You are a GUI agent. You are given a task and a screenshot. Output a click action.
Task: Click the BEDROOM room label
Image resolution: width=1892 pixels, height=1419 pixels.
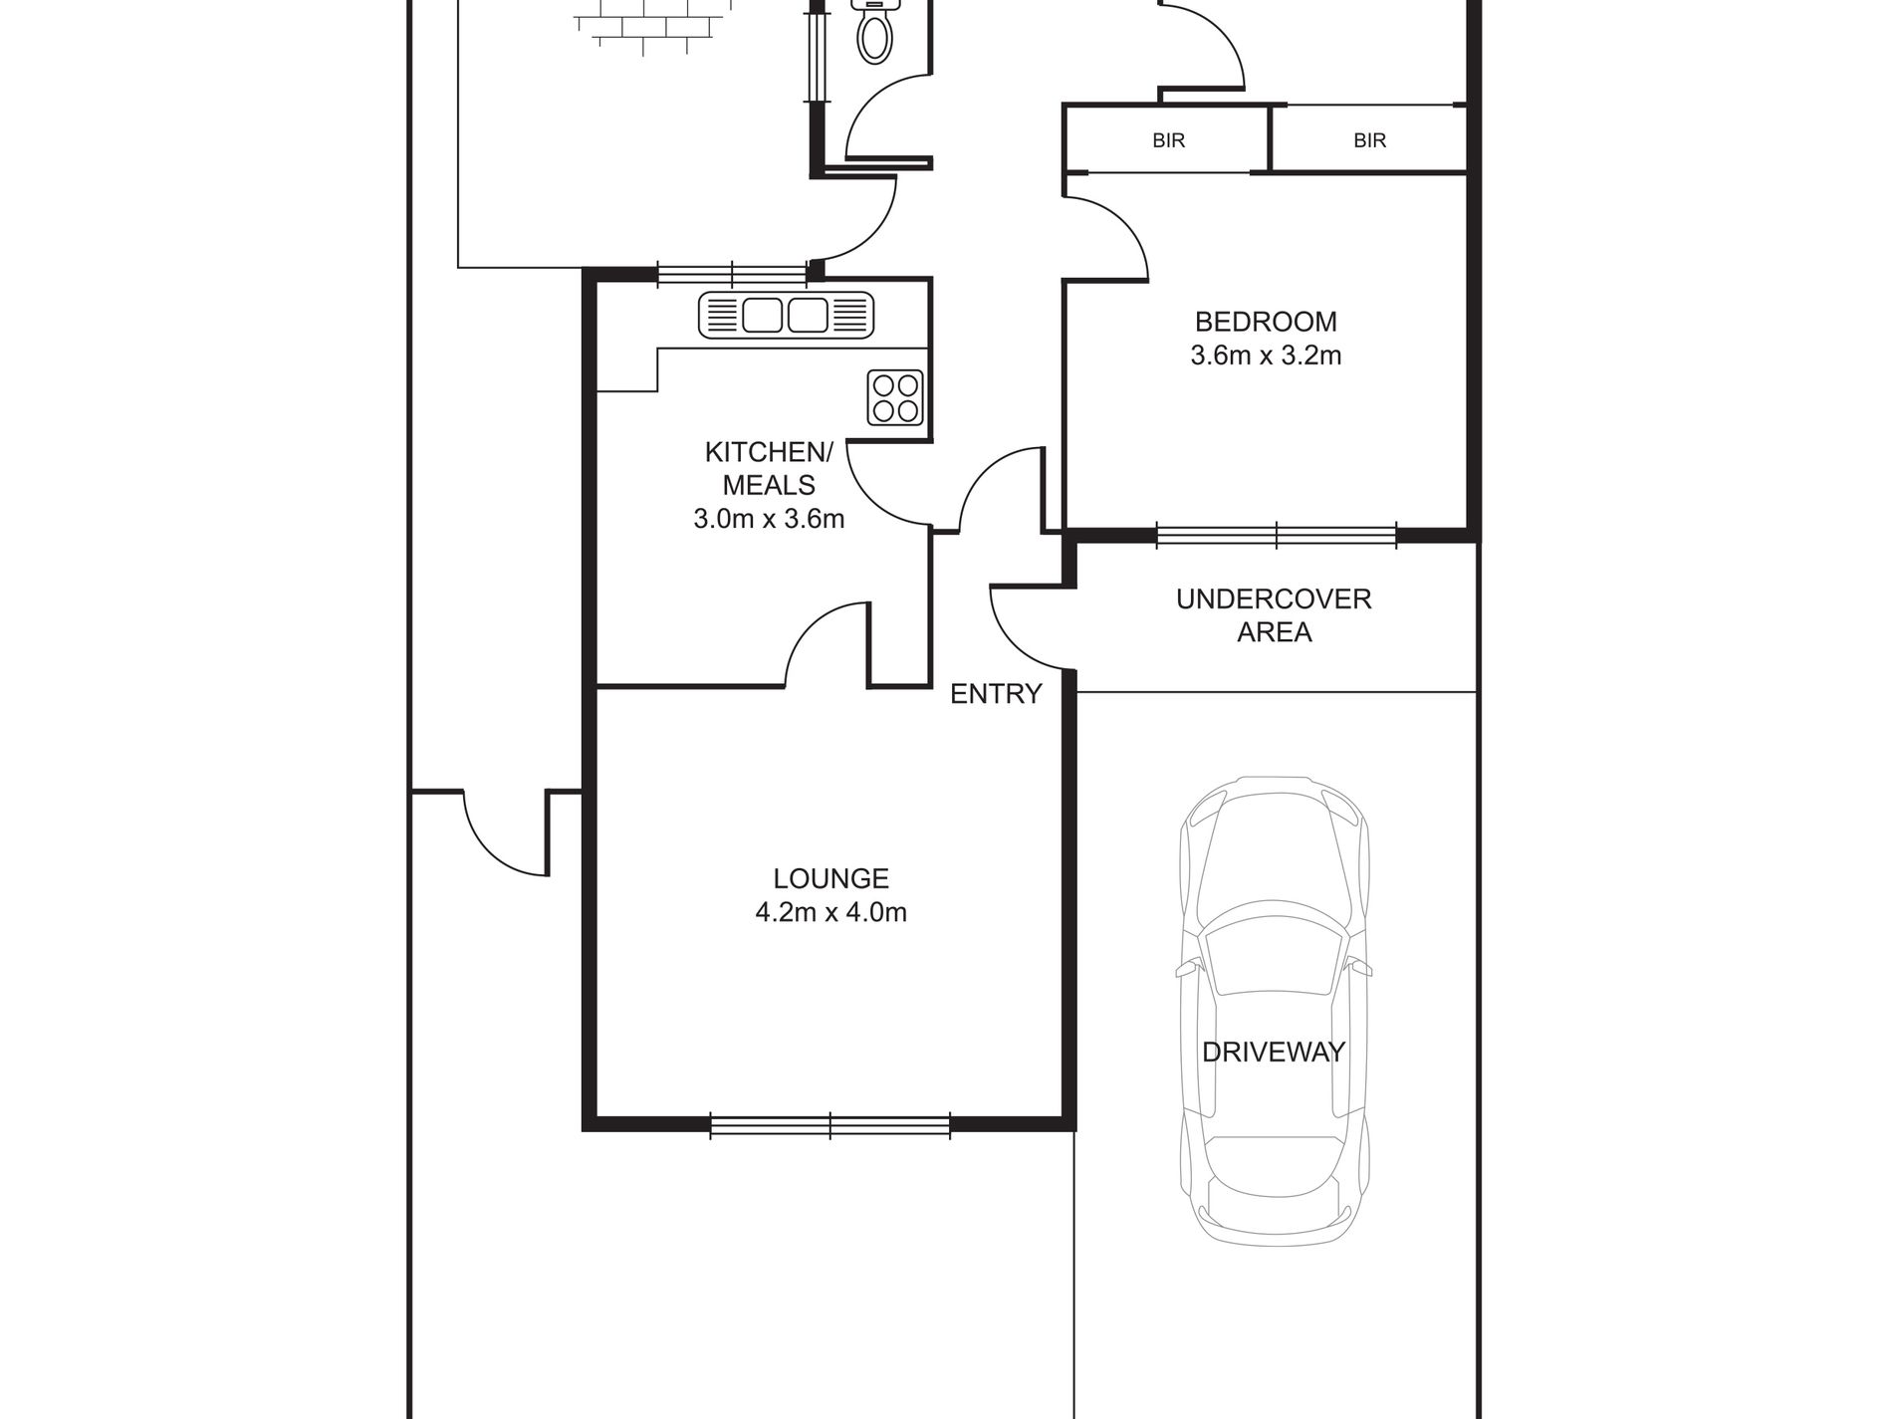pyautogui.click(x=1265, y=322)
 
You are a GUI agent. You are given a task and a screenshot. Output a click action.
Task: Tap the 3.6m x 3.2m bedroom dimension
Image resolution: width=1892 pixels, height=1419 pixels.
pyautogui.click(x=1265, y=355)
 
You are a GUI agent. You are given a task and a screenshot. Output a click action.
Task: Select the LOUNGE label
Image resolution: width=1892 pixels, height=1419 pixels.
pyautogui.click(x=830, y=878)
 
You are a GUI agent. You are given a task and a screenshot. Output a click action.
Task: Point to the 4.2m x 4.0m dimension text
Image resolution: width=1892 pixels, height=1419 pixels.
pyautogui.click(x=830, y=912)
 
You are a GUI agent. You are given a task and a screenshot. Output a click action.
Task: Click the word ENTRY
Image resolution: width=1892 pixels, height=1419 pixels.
pyautogui.click(x=996, y=694)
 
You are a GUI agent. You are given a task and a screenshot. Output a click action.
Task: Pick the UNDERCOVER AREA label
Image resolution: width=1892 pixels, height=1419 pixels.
pyautogui.click(x=1274, y=615)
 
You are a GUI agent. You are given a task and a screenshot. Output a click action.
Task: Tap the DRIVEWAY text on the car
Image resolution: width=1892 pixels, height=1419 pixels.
pyautogui.click(x=1274, y=1052)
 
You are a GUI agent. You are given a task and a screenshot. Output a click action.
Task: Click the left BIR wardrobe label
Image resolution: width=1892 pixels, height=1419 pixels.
pyautogui.click(x=1169, y=140)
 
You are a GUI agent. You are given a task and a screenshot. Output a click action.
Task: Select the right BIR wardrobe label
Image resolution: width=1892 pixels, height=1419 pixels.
pyautogui.click(x=1369, y=140)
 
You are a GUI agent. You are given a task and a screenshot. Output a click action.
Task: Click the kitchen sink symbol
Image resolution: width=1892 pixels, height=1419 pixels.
pyautogui.click(x=786, y=315)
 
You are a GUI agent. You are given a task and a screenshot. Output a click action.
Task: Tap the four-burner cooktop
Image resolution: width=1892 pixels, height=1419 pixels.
pyautogui.click(x=895, y=396)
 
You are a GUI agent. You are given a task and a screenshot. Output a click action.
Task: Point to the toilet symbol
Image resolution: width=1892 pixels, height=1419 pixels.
pyautogui.click(x=874, y=30)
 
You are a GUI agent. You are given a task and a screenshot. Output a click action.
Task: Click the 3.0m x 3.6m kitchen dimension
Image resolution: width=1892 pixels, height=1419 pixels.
pyautogui.click(x=769, y=519)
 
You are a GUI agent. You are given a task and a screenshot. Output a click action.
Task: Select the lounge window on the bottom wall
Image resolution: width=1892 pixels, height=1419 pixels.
pyautogui.click(x=830, y=1125)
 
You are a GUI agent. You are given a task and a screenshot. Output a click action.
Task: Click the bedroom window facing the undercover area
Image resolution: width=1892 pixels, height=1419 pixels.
pyautogui.click(x=1277, y=535)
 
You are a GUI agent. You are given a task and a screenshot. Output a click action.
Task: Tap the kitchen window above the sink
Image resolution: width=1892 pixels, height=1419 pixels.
pyautogui.click(x=732, y=273)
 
